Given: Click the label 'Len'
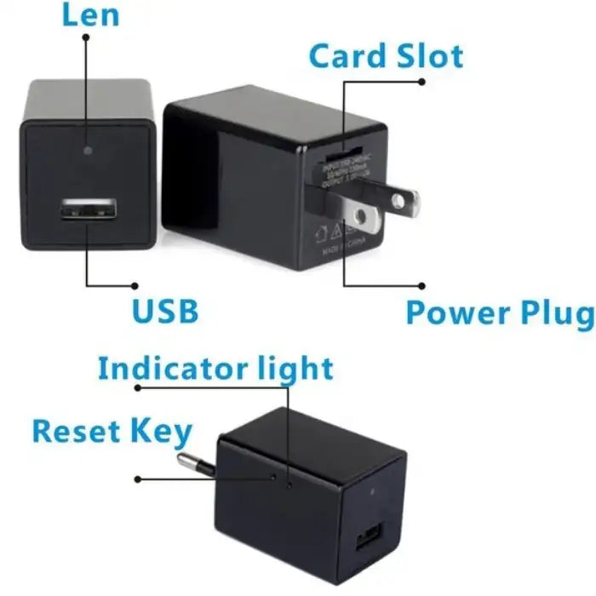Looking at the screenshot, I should pyautogui.click(x=89, y=15).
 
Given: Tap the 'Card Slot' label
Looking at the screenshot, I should pyautogui.click(x=385, y=56).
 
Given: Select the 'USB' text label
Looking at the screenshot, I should pyautogui.click(x=164, y=311).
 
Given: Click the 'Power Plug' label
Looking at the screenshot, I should pyautogui.click(x=499, y=312).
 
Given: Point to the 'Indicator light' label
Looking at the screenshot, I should pyautogui.click(x=215, y=369).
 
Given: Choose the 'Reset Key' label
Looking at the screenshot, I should pyautogui.click(x=112, y=432).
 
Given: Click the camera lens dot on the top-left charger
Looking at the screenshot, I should pyautogui.click(x=89, y=149).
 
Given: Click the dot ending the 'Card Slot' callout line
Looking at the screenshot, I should pyautogui.click(x=423, y=82).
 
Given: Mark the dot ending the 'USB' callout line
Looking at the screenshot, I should pyautogui.click(x=135, y=286).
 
